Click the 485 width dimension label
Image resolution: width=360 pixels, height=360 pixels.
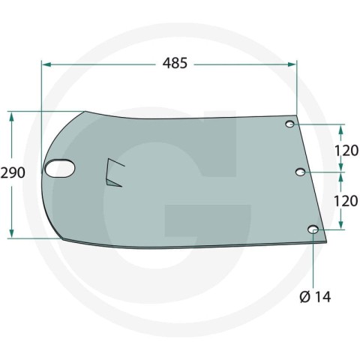(x=175, y=63)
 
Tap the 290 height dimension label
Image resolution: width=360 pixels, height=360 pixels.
(x=13, y=172)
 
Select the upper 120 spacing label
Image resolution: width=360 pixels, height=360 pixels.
(x=346, y=151)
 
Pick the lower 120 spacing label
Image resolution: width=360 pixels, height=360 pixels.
(x=346, y=201)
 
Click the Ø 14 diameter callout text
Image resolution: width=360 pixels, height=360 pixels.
(x=315, y=297)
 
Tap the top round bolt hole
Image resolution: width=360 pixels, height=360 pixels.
(x=290, y=124)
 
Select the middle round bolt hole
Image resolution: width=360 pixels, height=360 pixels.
(x=301, y=172)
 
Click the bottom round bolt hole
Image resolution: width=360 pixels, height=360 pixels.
(x=313, y=229)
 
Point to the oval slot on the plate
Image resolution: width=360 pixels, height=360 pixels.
(x=60, y=169)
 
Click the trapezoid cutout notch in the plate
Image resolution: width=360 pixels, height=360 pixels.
(x=112, y=172)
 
